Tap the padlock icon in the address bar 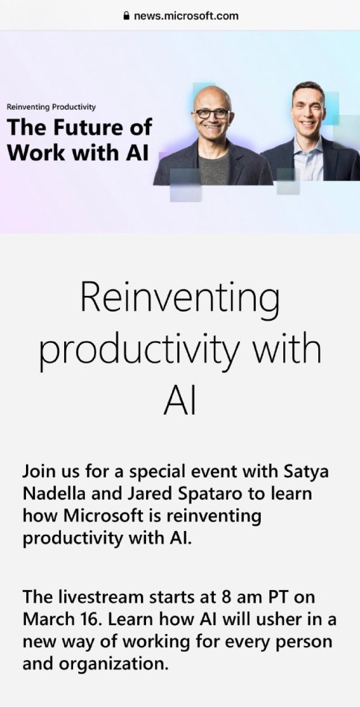pyautogui.click(x=126, y=16)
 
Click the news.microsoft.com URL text pyautogui.click(x=186, y=16)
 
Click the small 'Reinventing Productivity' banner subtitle pyautogui.click(x=51, y=107)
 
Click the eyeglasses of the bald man pyautogui.click(x=212, y=113)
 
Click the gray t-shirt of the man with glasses pyautogui.click(x=214, y=169)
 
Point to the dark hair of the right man pyautogui.click(x=308, y=88)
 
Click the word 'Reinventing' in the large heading pyautogui.click(x=180, y=298)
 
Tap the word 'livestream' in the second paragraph pyautogui.click(x=106, y=597)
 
